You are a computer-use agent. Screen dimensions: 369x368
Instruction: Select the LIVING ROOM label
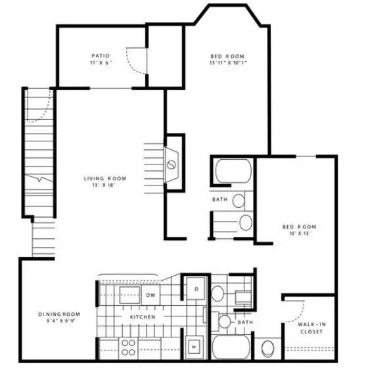(x=104, y=178)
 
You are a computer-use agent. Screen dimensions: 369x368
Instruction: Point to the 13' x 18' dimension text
(x=104, y=185)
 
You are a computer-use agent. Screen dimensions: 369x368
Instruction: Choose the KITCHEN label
(x=142, y=317)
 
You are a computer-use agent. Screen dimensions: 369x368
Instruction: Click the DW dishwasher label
(x=150, y=295)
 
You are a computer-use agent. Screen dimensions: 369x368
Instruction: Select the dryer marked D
(x=195, y=287)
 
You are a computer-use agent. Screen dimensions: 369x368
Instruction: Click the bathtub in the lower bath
(x=231, y=346)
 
